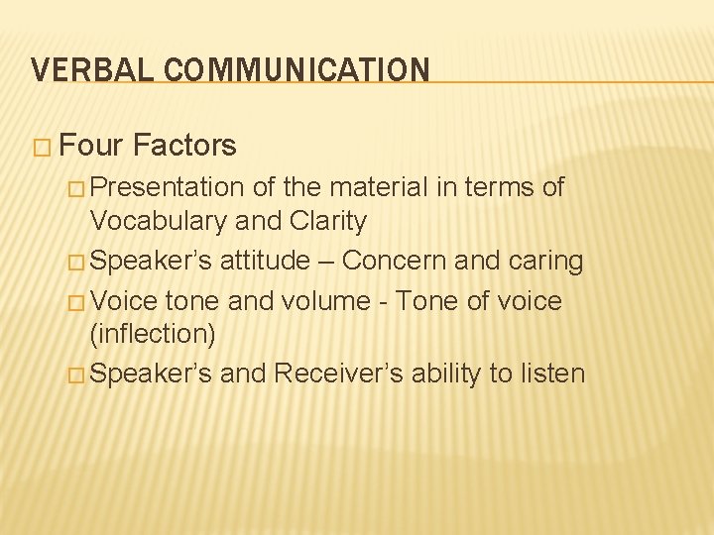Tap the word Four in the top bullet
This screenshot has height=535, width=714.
tap(91, 146)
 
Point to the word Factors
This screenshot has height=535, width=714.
tap(184, 146)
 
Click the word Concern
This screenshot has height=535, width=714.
tap(394, 261)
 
